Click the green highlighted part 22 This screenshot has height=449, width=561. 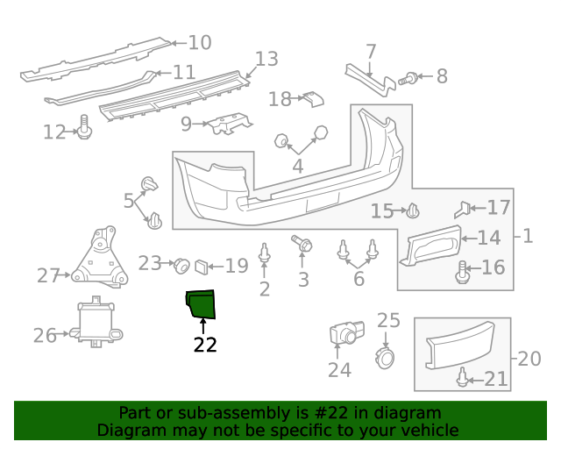[x=201, y=303]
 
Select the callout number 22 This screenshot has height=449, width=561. [x=205, y=345]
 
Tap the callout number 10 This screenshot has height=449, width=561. [x=200, y=42]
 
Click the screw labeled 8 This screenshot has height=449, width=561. [x=407, y=79]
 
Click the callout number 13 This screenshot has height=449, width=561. [x=266, y=59]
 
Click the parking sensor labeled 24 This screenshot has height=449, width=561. [x=344, y=334]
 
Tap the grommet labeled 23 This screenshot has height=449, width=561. [x=182, y=264]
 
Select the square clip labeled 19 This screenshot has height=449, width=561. [x=202, y=264]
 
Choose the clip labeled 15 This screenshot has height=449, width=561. [x=414, y=210]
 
